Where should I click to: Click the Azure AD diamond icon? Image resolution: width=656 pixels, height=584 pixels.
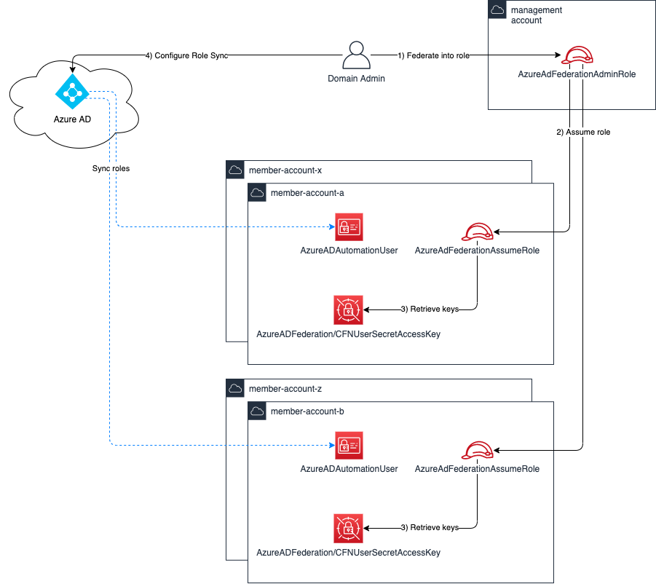coord(71,91)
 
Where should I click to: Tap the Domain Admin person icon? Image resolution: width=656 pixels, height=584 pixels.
coord(355,55)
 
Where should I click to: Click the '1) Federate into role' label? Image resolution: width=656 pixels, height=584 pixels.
coord(433,55)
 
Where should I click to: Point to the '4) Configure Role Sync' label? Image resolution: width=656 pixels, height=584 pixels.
coord(186,55)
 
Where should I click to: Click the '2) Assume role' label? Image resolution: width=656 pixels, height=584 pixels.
coord(583,133)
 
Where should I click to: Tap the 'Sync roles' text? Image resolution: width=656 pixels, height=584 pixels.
coord(111,168)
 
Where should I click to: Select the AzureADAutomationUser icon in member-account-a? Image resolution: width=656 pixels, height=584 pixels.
coord(349,227)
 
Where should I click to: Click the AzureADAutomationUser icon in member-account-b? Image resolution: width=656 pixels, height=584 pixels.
coord(349,446)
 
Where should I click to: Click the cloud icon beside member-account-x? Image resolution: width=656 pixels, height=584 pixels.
coord(235,170)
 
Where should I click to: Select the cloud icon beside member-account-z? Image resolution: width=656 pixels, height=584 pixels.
coord(235,389)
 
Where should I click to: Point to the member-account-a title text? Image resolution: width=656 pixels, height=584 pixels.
coord(307,193)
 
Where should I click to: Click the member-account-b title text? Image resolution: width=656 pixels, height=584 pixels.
coord(307,411)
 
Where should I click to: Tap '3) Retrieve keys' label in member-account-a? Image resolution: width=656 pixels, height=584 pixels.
coord(430,309)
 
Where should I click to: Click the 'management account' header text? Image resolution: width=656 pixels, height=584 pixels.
coord(536,15)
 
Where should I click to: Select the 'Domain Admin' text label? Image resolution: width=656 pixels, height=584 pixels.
coord(356,79)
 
